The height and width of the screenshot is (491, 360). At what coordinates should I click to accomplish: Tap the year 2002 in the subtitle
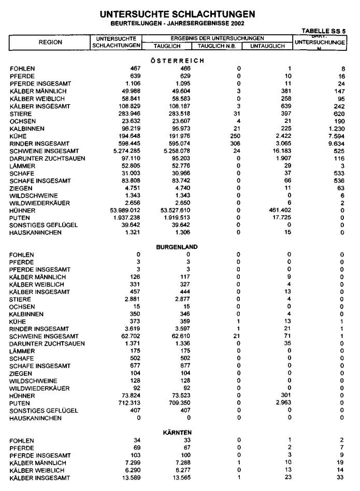click(236, 23)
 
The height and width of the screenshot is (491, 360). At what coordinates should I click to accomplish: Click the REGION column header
click(50, 41)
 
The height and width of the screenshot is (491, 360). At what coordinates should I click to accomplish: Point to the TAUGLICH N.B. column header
click(217, 46)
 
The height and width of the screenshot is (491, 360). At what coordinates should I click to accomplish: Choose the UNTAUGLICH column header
click(268, 46)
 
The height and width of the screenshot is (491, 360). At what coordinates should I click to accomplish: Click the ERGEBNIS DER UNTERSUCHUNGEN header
click(217, 38)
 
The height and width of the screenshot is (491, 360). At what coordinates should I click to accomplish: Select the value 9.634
click(337, 143)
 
